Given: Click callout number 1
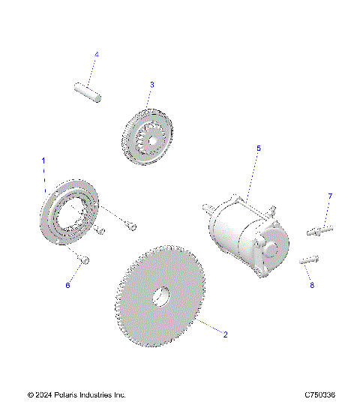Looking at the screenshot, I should click(x=43, y=160).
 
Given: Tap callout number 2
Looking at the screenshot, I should click(x=224, y=335).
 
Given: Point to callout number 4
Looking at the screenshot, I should click(x=96, y=54).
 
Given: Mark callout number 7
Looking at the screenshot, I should click(x=328, y=196).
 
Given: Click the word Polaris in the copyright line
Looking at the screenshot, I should click(x=70, y=394).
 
